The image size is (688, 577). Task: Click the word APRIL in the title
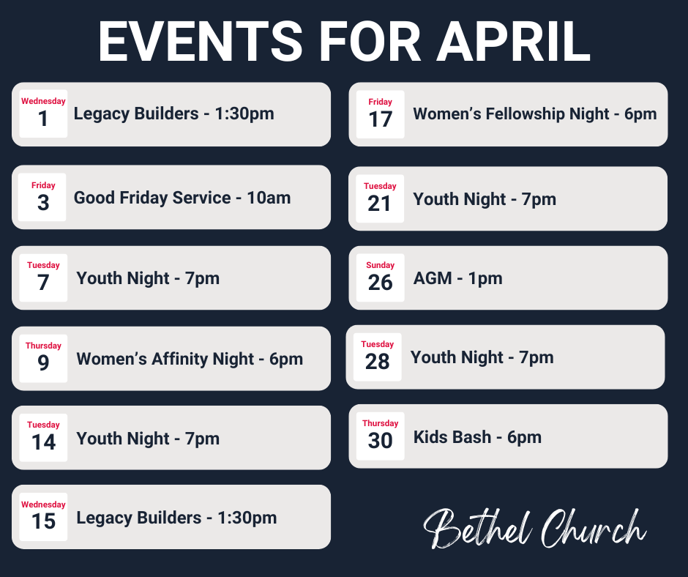click(x=513, y=42)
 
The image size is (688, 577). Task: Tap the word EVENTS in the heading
click(x=201, y=42)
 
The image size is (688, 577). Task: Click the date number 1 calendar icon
click(x=43, y=114)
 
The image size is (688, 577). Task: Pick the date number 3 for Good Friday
click(x=43, y=198)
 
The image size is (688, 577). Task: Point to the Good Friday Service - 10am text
click(x=182, y=198)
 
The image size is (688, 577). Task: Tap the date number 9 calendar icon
click(x=43, y=359)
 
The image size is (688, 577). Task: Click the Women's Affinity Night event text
click(x=190, y=359)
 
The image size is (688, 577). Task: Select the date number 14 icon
click(x=43, y=438)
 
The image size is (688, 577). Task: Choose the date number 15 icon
click(x=43, y=517)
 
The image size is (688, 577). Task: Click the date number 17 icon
click(x=380, y=115)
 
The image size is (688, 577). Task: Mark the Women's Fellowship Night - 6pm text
click(x=534, y=114)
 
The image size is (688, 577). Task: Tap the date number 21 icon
click(x=380, y=198)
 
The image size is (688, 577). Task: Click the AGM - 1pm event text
click(x=457, y=278)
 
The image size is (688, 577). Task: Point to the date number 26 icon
click(x=380, y=278)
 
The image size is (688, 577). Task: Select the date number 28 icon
click(x=377, y=357)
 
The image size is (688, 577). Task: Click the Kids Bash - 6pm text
click(x=477, y=437)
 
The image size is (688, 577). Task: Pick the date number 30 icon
click(x=380, y=436)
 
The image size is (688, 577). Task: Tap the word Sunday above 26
click(x=380, y=266)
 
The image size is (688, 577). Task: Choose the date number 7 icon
click(x=43, y=278)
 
